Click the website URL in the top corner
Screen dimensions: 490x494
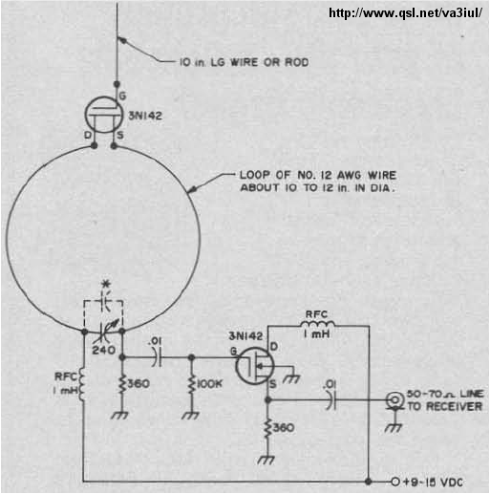[405, 13]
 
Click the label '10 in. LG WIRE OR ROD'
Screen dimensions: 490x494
[245, 62]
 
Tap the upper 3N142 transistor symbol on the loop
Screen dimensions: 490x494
[104, 115]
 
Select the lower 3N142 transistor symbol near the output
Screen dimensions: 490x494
[254, 366]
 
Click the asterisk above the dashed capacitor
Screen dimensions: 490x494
[106, 284]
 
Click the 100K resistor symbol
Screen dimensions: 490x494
[191, 384]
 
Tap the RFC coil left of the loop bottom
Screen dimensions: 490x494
[81, 384]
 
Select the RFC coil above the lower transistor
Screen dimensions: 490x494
[317, 325]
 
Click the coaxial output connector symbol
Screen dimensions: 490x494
[394, 400]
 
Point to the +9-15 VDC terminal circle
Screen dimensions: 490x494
[395, 482]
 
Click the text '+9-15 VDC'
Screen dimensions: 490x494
[433, 483]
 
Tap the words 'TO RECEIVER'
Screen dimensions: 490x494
[445, 406]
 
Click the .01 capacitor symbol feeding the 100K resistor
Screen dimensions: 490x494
[157, 357]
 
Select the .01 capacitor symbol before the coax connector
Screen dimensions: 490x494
[330, 400]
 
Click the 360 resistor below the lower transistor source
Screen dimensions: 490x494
[268, 428]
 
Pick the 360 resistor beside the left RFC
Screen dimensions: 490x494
[122, 384]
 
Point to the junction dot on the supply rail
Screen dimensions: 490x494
[369, 482]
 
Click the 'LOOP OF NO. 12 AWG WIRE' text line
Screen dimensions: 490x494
[318, 175]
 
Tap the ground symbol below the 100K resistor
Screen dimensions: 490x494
[191, 415]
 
